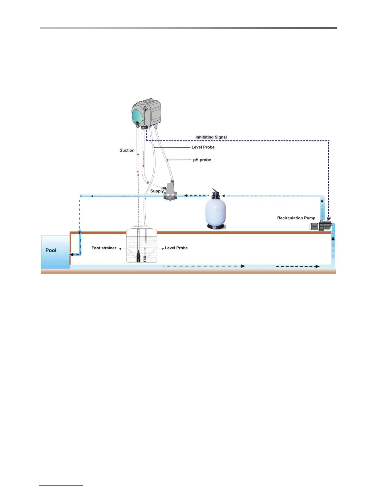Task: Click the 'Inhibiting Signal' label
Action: pyautogui.click(x=211, y=137)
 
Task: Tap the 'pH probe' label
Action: pyautogui.click(x=202, y=160)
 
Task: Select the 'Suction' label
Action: pyautogui.click(x=127, y=150)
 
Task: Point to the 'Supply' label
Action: pyautogui.click(x=157, y=191)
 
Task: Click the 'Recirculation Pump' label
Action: pyautogui.click(x=296, y=218)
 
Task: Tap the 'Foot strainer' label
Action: pyautogui.click(x=104, y=248)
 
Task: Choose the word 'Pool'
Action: pyautogui.click(x=51, y=250)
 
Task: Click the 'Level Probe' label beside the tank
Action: pyautogui.click(x=176, y=248)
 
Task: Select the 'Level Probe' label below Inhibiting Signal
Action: pyautogui.click(x=203, y=147)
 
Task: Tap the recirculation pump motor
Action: pyautogui.click(x=320, y=226)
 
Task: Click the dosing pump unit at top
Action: pyautogui.click(x=147, y=112)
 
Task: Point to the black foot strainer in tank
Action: pyautogui.click(x=138, y=256)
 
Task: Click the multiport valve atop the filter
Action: pyautogui.click(x=215, y=193)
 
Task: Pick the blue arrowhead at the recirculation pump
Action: pyautogui.click(x=329, y=218)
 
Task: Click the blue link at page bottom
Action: pyautogui.click(x=61, y=485)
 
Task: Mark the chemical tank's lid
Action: pyautogui.click(x=141, y=227)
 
